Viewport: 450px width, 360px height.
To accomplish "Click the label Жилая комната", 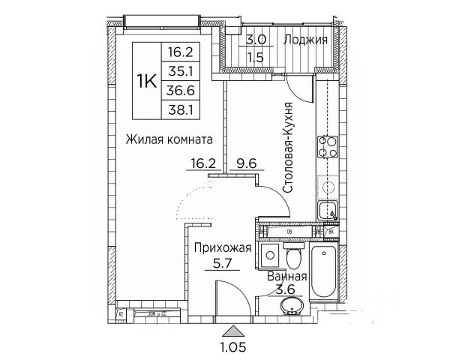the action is tap(164, 139).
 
